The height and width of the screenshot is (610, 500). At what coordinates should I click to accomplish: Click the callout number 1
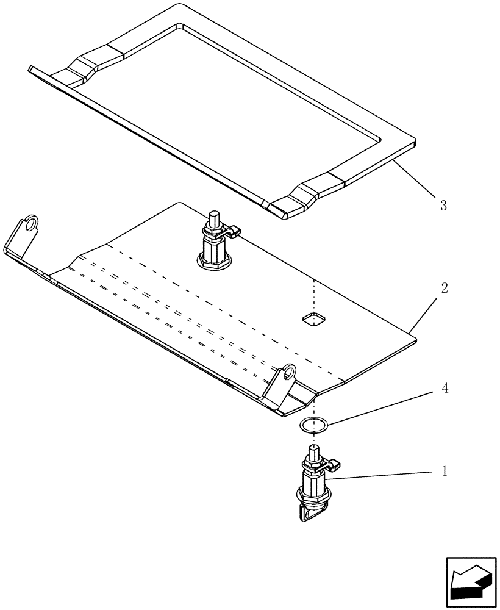pyautogui.click(x=444, y=472)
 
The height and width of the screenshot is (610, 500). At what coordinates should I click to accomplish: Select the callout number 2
pyautogui.click(x=444, y=288)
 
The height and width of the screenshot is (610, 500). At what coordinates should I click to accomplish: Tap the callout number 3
pyautogui.click(x=443, y=206)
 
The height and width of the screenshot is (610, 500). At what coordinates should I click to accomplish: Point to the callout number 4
pyautogui.click(x=444, y=389)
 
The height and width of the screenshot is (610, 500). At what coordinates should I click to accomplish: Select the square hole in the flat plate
pyautogui.click(x=313, y=318)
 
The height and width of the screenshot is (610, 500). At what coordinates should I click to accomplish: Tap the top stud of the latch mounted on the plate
pyautogui.click(x=214, y=217)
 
